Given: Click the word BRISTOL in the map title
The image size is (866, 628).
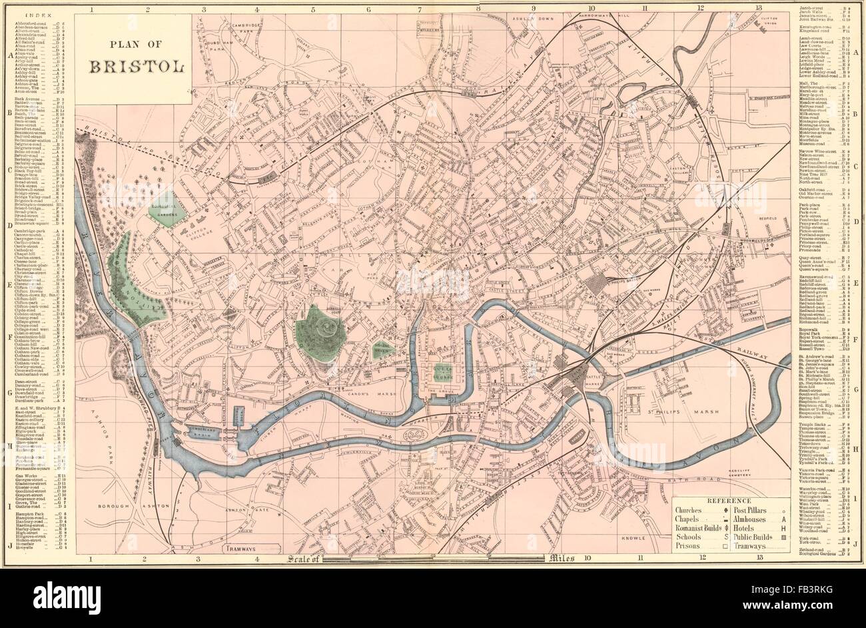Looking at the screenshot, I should click(x=133, y=67).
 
